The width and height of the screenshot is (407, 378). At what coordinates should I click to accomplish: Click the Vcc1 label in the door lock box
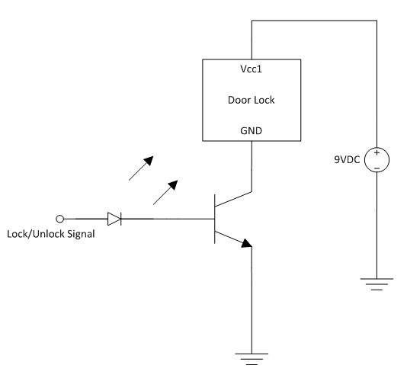251,69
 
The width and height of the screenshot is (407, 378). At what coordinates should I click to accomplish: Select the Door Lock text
252,100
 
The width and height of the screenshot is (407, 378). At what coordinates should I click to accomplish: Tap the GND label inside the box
251,130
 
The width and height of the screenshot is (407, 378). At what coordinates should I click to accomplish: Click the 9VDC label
347,159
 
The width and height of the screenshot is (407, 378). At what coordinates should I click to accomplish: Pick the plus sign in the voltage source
377,152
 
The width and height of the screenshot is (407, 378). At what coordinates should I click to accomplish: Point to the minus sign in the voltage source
377,168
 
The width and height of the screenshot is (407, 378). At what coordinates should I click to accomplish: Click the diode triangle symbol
114,219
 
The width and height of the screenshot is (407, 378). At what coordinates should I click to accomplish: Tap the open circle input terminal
59,219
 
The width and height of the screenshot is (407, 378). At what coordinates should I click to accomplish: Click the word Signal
81,234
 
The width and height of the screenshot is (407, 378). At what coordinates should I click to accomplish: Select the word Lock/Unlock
36,234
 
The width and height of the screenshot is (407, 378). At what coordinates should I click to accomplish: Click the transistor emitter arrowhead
247,243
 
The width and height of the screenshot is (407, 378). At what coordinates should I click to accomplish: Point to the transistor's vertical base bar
215,219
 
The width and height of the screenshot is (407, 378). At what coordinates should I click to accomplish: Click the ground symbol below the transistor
252,359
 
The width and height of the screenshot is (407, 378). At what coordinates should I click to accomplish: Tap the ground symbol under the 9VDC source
377,284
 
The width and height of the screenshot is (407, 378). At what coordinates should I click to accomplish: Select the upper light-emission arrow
141,168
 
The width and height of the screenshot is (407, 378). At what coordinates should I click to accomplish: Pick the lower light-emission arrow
165,192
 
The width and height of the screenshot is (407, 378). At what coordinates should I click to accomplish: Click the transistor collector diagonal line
233,199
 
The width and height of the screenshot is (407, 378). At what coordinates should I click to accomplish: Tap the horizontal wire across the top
314,21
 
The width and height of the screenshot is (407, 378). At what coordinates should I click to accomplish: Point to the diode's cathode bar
121,219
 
